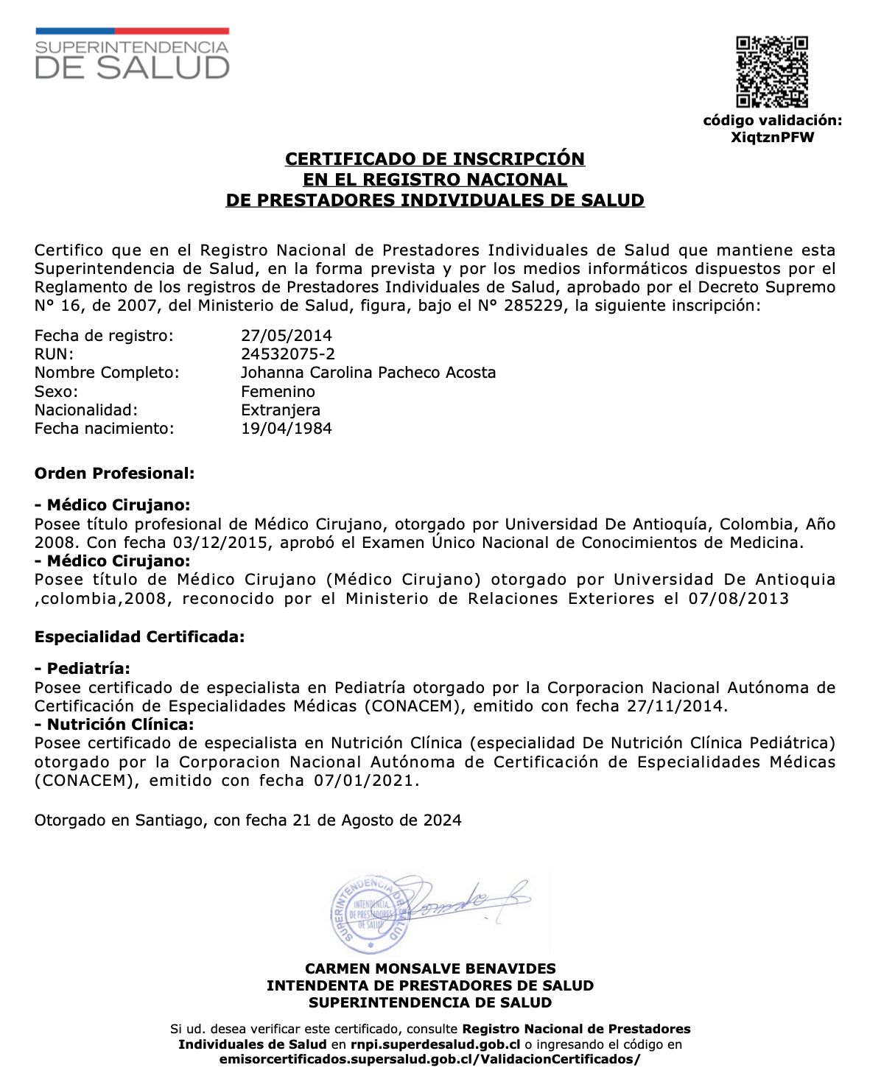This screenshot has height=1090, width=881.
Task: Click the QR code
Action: pyautogui.click(x=772, y=72)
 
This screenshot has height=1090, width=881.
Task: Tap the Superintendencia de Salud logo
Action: pyautogui.click(x=133, y=54)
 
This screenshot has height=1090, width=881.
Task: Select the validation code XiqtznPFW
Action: pyautogui.click(x=772, y=138)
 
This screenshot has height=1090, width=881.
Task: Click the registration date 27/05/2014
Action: pyautogui.click(x=287, y=336)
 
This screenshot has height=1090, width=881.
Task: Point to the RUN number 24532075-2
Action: pyautogui.click(x=288, y=354)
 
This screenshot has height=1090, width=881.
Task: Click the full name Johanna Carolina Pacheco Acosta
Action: pyautogui.click(x=368, y=373)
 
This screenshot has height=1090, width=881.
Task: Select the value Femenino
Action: pyautogui.click(x=278, y=392)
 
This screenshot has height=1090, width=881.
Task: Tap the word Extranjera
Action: pyautogui.click(x=281, y=410)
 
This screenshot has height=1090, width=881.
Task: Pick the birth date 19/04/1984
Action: pyautogui.click(x=287, y=429)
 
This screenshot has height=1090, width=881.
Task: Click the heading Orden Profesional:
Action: pyautogui.click(x=115, y=474)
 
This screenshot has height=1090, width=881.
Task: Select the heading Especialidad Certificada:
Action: pyautogui.click(x=140, y=637)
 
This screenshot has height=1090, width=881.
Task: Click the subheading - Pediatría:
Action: pyautogui.click(x=83, y=669)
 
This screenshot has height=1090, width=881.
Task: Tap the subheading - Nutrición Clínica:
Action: pyautogui.click(x=114, y=725)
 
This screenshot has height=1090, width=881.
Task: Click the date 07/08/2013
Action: pyautogui.click(x=739, y=599)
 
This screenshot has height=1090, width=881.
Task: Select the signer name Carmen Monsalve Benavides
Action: pyautogui.click(x=431, y=969)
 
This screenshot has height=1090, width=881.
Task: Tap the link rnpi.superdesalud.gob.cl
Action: pyautogui.click(x=435, y=1044)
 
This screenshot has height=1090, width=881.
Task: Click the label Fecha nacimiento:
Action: pyautogui.click(x=105, y=429)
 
